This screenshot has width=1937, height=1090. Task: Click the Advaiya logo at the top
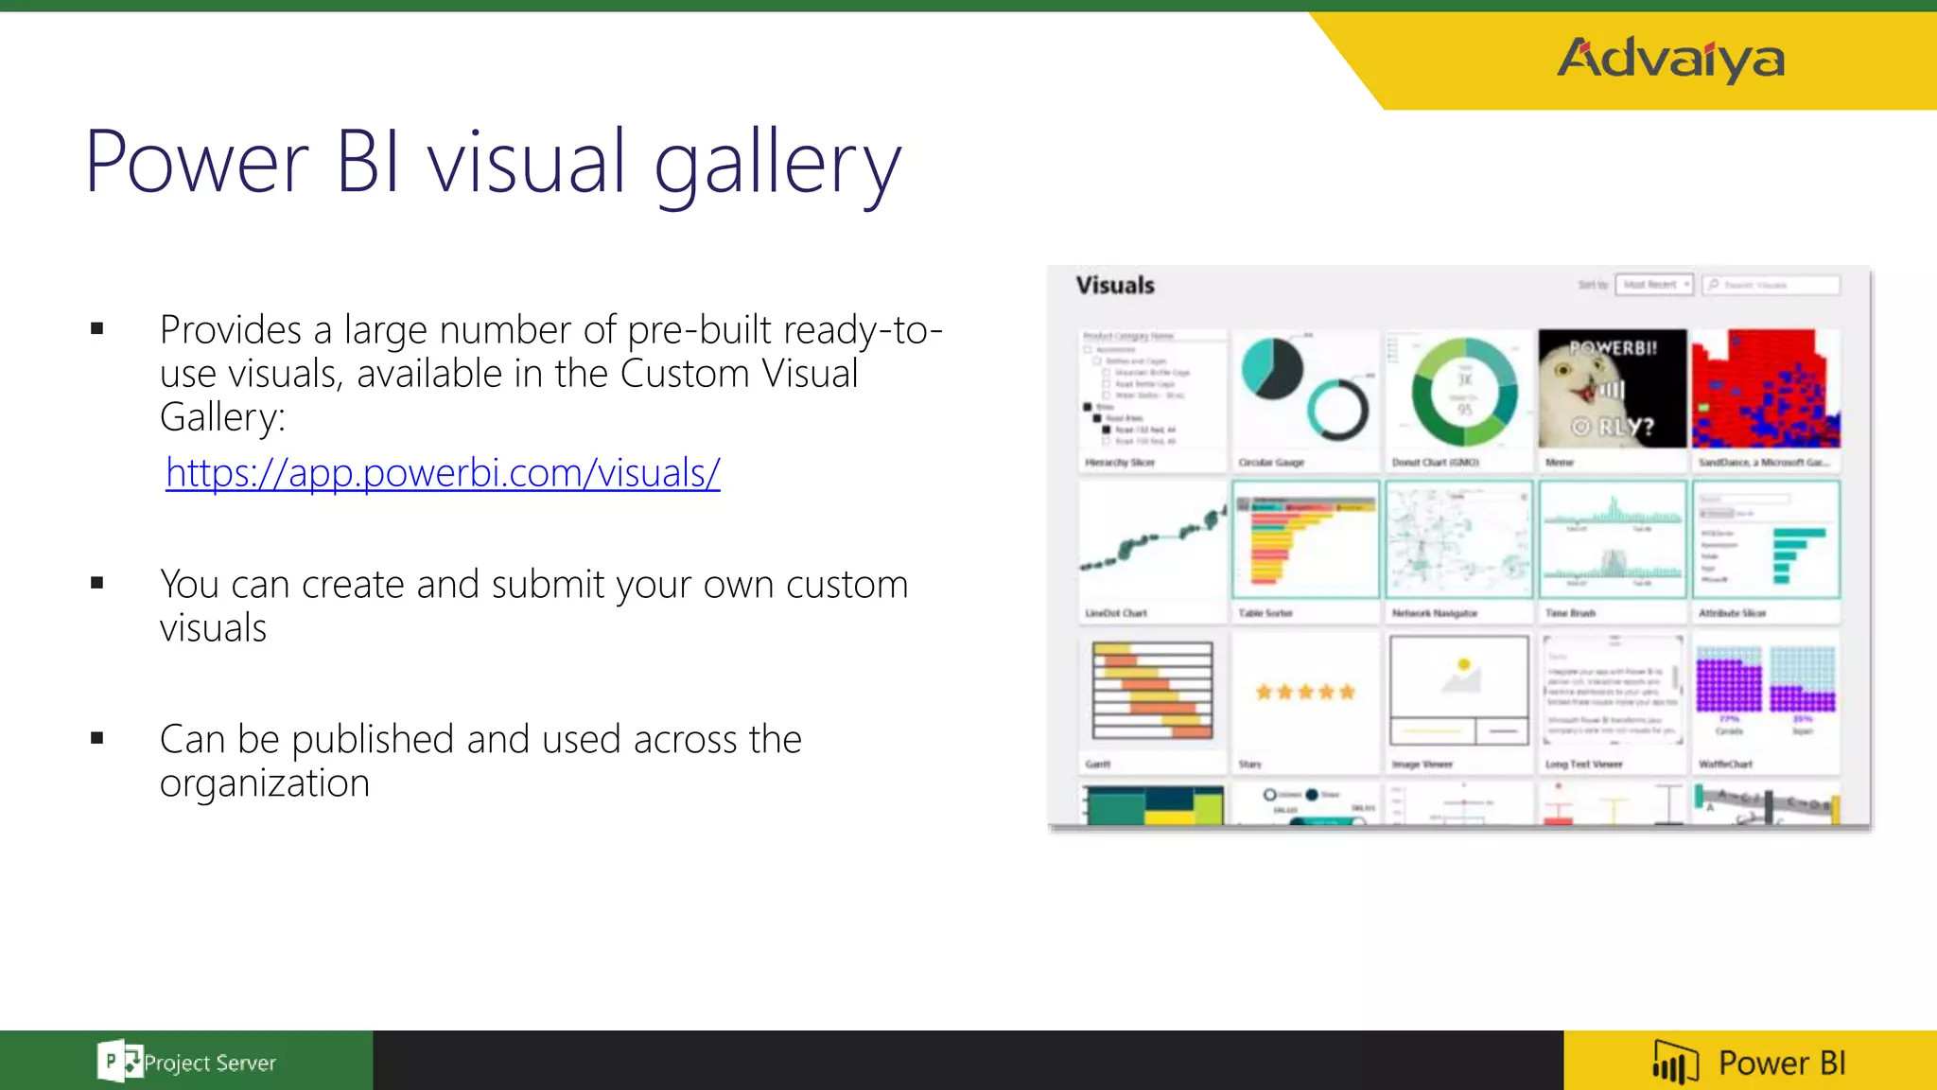(x=1670, y=59)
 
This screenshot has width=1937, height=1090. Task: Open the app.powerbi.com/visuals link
(x=443, y=472)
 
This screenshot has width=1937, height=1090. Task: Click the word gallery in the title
(x=777, y=163)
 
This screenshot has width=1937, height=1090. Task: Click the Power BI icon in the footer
(x=1675, y=1063)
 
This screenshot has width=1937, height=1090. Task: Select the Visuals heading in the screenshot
(x=1115, y=285)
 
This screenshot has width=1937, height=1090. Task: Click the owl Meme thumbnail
(x=1612, y=389)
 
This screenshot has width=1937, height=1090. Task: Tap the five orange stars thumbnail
(x=1305, y=692)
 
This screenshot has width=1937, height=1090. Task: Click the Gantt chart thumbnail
(x=1152, y=691)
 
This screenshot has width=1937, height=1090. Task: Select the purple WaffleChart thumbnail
(x=1765, y=691)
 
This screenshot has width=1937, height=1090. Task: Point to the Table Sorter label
(x=1265, y=613)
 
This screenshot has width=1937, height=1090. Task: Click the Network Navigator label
(x=1434, y=613)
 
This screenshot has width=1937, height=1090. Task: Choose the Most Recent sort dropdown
(x=1654, y=285)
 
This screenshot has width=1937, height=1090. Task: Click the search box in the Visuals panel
(x=1771, y=285)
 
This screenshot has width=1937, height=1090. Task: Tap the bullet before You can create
(x=97, y=584)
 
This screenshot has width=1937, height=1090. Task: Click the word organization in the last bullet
(x=265, y=783)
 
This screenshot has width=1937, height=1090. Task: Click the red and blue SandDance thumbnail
(x=1765, y=389)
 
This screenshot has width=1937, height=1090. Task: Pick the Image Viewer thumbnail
(x=1458, y=691)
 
